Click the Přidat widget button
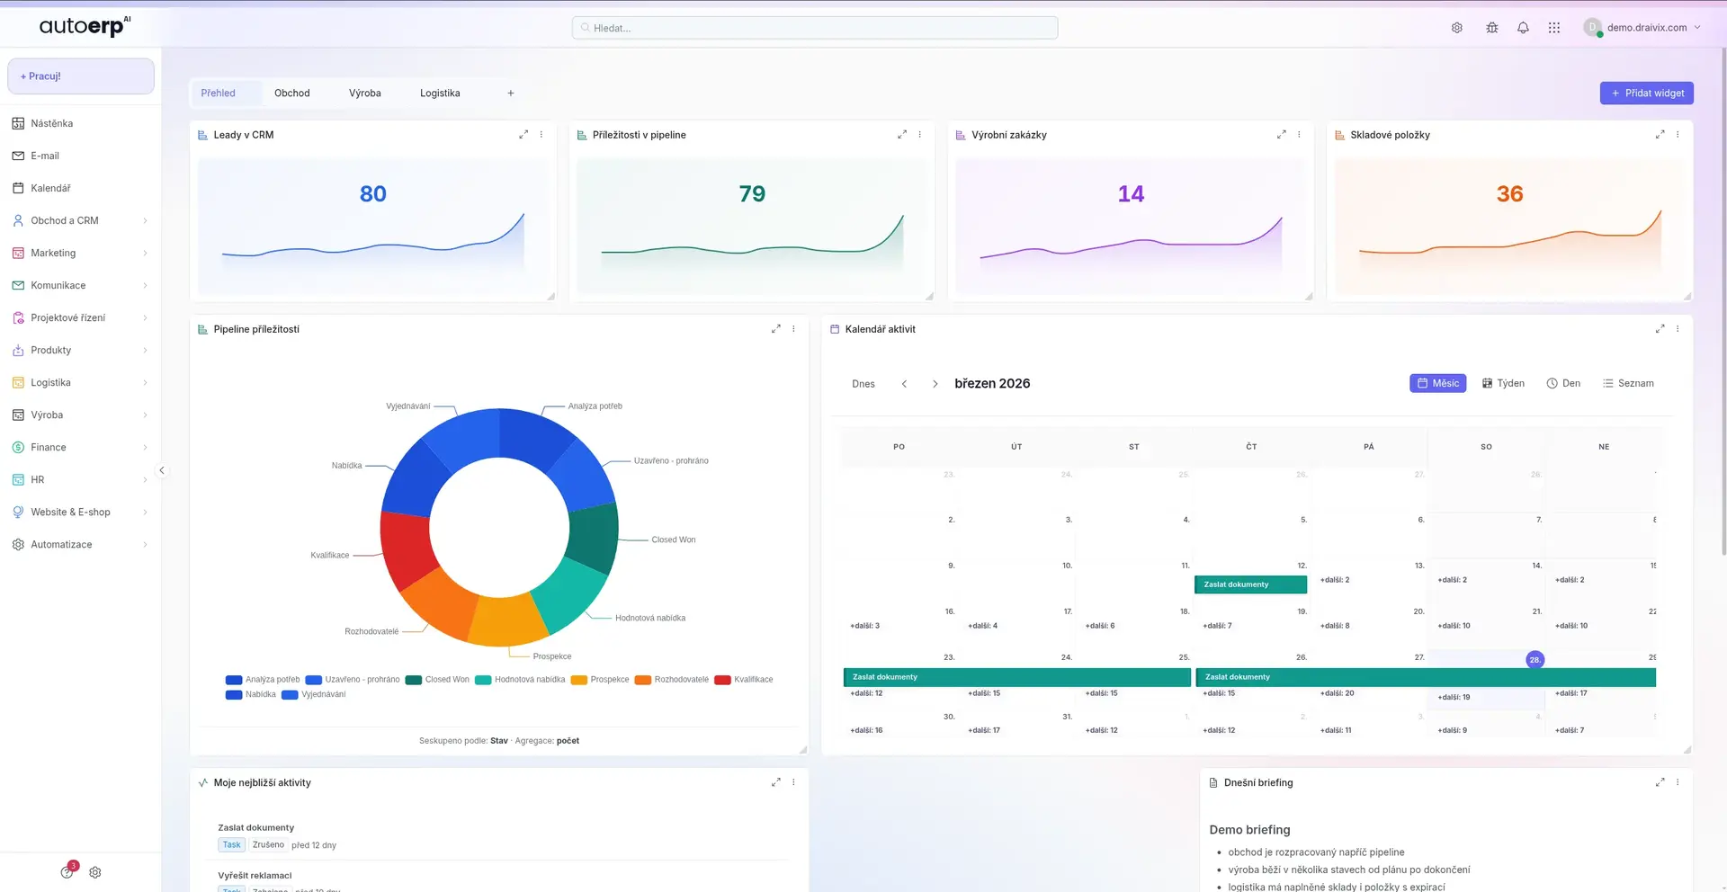[1646, 94]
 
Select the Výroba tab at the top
[364, 94]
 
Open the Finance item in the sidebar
[49, 448]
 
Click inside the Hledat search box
[814, 28]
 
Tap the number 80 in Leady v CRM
[372, 194]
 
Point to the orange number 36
[1509, 194]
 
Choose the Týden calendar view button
[1503, 384]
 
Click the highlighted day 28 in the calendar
[1535, 660]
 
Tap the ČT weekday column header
[1251, 447]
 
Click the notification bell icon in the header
[1523, 28]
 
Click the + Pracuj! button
[81, 76]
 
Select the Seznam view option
[1628, 384]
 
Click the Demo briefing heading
[1249, 830]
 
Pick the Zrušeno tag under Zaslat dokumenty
[268, 845]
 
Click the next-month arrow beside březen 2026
[935, 384]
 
